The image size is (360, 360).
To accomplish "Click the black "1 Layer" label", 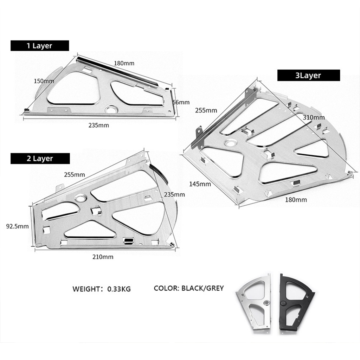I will [39, 46].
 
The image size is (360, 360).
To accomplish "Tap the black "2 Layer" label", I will [39, 159].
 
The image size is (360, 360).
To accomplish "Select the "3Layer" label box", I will [308, 75].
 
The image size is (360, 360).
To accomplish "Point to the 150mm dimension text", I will [44, 81].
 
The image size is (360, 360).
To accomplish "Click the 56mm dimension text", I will [182, 102].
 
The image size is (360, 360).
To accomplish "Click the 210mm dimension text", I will [103, 257].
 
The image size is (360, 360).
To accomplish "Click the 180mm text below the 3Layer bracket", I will [296, 200].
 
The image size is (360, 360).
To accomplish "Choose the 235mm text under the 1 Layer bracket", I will [98, 125].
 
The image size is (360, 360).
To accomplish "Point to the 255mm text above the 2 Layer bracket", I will [74, 174].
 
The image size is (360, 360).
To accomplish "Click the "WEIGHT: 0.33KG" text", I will [102, 289].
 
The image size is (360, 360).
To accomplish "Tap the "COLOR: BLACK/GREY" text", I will [189, 288].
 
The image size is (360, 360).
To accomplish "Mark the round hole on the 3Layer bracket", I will [231, 143].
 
